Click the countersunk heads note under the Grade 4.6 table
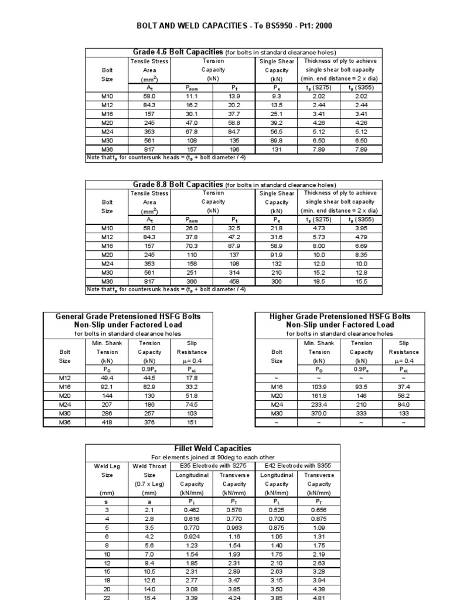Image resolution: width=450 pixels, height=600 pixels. coord(166,158)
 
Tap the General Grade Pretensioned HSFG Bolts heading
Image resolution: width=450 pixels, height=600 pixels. coord(128,316)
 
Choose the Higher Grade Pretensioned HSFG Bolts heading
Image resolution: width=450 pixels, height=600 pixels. coord(340,316)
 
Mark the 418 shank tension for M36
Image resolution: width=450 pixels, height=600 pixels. coord(107,422)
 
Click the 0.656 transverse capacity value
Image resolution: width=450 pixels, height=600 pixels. coord(319,510)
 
